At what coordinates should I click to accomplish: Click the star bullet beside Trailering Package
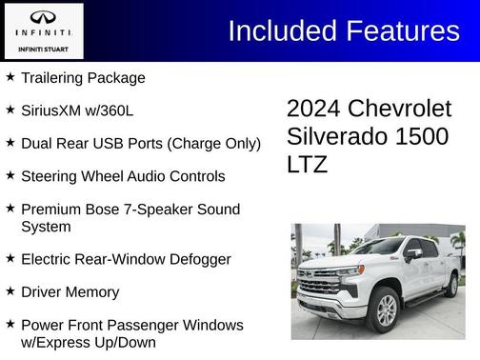(10, 77)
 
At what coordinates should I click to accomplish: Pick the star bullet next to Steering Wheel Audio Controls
(10, 175)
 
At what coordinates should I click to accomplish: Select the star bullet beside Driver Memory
(10, 291)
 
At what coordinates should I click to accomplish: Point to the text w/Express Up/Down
(89, 342)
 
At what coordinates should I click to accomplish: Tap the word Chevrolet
(399, 109)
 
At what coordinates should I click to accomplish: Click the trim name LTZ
(307, 164)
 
